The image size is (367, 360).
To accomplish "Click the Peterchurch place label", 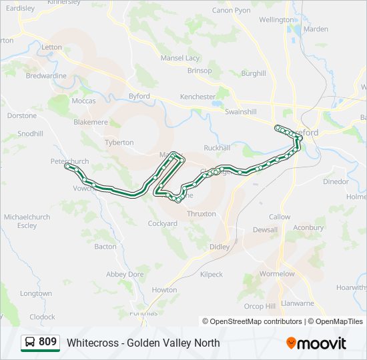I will [69, 161].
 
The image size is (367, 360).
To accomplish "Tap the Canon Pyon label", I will [231, 11].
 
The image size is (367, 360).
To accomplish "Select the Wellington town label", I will [276, 20].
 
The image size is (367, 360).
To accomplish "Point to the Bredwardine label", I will [46, 76].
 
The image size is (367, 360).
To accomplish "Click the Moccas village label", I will [84, 101].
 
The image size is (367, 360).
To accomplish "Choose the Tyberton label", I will [119, 143].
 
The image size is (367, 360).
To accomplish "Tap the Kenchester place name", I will [198, 97].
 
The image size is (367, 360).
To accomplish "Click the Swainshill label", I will [241, 112].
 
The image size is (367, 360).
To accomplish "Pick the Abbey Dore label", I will [125, 274].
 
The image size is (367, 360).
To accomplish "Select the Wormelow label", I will [277, 274].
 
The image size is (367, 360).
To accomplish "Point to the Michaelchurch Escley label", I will [27, 221].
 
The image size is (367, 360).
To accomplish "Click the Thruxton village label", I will [202, 214].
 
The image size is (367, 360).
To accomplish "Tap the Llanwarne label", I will [298, 303].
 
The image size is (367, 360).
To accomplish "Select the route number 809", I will [47, 342].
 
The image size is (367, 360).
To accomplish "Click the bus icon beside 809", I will [30, 343].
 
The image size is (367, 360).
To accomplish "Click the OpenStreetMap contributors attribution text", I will [252, 321].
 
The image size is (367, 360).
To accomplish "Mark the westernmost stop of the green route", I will [67, 167].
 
